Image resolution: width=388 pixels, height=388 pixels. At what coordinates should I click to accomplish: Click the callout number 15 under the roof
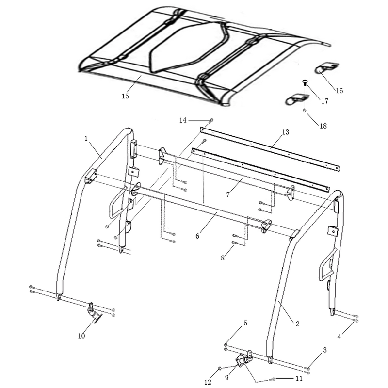(x=125, y=96)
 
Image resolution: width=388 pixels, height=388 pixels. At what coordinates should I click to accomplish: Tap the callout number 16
(x=339, y=91)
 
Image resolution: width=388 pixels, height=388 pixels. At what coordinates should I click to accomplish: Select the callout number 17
(x=324, y=101)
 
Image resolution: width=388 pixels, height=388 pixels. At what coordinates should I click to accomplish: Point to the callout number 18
(x=323, y=126)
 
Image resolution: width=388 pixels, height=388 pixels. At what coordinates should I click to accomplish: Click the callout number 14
(x=183, y=120)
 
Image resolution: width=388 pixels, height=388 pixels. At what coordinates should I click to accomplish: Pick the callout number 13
(x=285, y=132)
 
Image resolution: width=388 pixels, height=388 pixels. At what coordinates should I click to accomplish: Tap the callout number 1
(x=86, y=139)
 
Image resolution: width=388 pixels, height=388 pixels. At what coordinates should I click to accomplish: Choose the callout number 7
(x=228, y=195)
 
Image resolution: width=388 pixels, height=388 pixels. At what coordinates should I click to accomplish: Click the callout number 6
(x=197, y=236)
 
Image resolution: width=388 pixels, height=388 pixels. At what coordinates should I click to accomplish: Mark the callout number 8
(x=223, y=258)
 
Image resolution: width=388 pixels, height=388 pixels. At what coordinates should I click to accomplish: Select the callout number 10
(x=81, y=336)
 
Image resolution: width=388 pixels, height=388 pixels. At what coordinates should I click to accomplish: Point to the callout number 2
(x=297, y=323)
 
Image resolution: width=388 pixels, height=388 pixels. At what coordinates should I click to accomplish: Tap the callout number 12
(x=208, y=382)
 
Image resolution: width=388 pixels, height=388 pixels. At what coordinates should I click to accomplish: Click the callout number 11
(x=299, y=379)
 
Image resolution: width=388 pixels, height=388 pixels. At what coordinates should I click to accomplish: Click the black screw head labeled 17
(x=305, y=81)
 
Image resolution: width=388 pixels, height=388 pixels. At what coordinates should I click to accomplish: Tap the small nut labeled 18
(x=305, y=111)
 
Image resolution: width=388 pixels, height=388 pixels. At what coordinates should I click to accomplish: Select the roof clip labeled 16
(x=326, y=68)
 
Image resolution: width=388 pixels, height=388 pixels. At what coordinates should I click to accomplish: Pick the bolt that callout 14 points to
(x=211, y=120)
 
